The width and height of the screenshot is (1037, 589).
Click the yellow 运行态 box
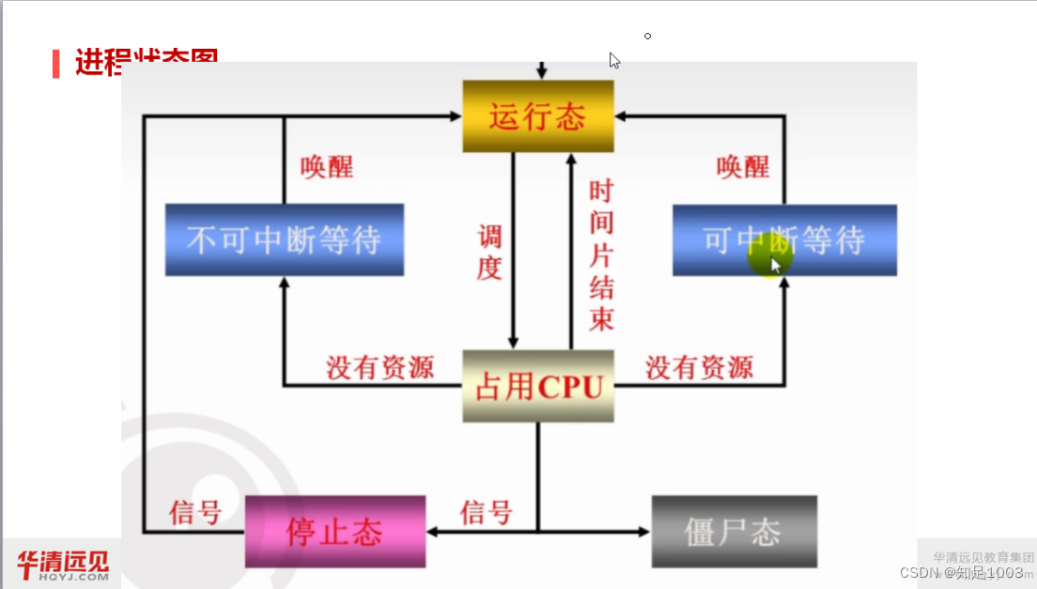tap(537, 116)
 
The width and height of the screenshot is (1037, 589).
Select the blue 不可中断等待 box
tap(284, 240)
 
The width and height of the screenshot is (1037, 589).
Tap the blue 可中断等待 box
tap(784, 240)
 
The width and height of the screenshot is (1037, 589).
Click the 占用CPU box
tap(538, 386)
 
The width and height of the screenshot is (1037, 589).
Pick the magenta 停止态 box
tap(334, 532)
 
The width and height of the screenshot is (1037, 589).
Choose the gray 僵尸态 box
tap(734, 532)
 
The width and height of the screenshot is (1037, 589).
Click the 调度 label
tap(489, 252)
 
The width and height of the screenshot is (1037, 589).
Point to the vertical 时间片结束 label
tap(601, 256)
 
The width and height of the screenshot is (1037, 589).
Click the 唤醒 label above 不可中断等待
tap(327, 167)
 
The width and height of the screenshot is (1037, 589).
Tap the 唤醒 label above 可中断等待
tap(743, 167)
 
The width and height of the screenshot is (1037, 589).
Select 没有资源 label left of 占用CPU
tap(379, 367)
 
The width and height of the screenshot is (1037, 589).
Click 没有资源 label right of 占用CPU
tap(699, 367)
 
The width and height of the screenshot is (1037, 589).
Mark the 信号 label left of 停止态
tap(194, 513)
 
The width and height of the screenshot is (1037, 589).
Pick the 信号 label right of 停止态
tap(486, 513)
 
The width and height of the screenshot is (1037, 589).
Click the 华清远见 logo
tap(62, 566)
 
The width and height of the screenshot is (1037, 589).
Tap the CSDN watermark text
tap(961, 572)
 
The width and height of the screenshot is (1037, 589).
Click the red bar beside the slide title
tap(56, 63)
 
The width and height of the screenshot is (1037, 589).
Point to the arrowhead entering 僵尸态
tap(644, 532)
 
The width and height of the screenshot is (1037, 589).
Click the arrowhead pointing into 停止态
tap(432, 532)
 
